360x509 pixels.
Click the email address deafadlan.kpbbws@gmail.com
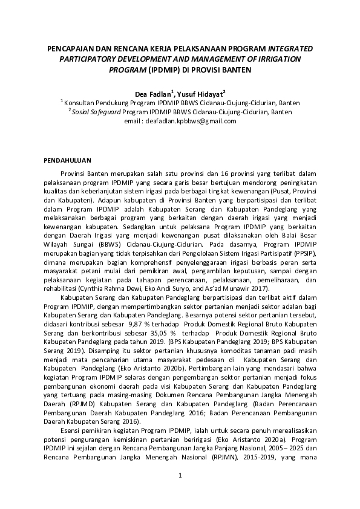pyautogui.click(x=189, y=121)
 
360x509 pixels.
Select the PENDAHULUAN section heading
pyautogui.click(x=69, y=160)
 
